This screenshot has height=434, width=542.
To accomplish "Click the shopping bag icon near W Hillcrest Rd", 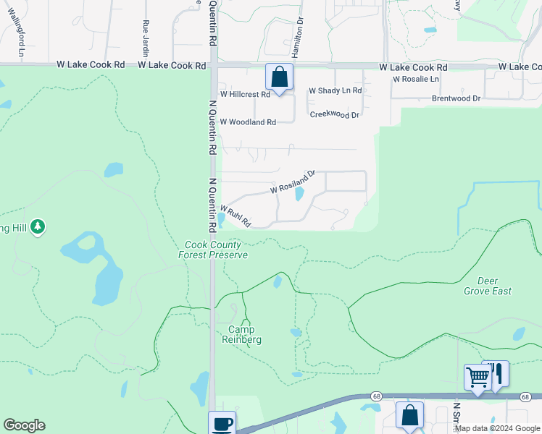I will [279, 77].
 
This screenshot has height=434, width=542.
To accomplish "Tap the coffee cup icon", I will [222, 423].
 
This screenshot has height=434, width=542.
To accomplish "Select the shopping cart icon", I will [478, 377].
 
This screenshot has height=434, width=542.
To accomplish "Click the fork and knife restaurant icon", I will [496, 373].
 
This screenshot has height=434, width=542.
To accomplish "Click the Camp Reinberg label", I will [241, 334].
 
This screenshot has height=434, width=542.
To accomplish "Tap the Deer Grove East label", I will [488, 286].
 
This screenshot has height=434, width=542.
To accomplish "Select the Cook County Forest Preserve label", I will [214, 250].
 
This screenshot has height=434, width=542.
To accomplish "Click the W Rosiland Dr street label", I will [293, 182].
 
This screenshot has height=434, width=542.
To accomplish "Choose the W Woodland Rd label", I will [248, 122].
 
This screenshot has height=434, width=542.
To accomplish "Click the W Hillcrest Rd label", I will [245, 94].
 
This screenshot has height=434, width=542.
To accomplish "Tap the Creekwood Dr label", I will [334, 115].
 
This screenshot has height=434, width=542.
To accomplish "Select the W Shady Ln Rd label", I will [335, 90].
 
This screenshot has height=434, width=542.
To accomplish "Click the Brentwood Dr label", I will [456, 98].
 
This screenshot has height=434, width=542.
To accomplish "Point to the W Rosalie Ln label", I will [415, 79].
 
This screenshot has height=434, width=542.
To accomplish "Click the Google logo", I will [25, 425].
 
